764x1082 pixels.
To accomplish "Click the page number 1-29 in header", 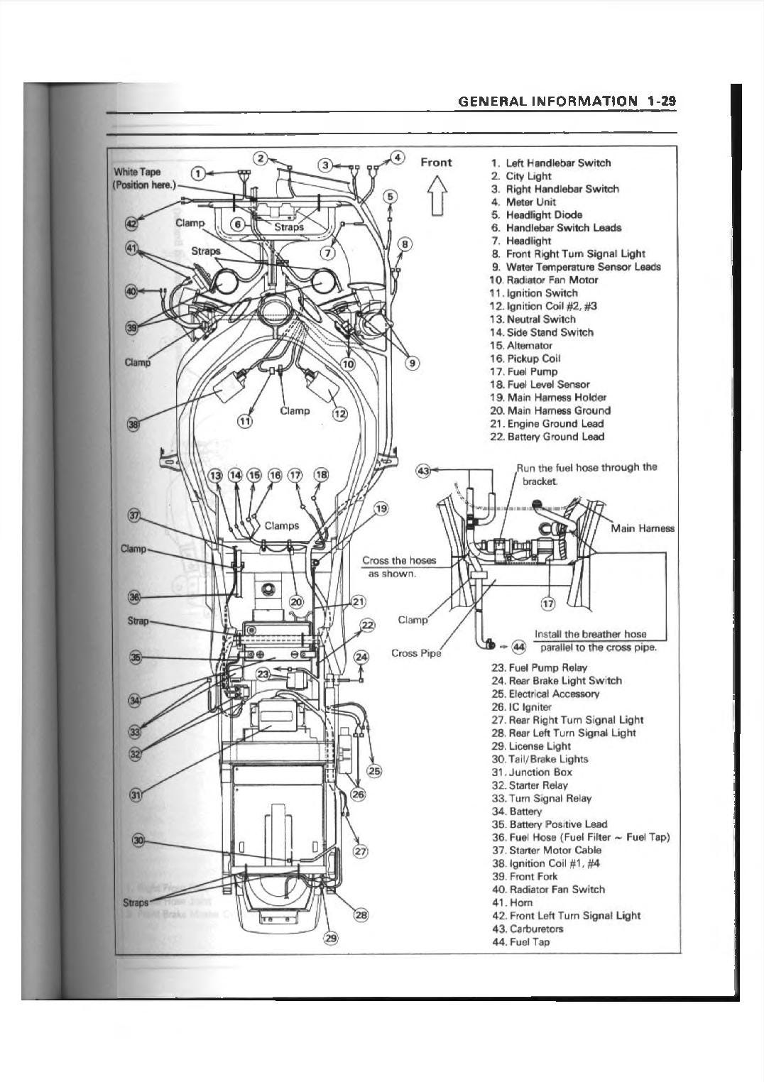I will coord(660,101).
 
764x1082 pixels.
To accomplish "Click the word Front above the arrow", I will coord(436,162).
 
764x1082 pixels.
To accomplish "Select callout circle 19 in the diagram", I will coord(381,508).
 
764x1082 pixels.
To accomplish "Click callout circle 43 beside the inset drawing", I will coord(423,471).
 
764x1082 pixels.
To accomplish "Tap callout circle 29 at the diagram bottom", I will coord(330,938).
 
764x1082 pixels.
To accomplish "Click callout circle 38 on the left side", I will coord(133,425).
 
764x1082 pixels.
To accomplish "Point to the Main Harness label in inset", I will coord(642,528).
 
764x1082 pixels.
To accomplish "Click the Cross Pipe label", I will coord(416,652).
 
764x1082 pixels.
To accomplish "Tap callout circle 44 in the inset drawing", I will coord(519,647).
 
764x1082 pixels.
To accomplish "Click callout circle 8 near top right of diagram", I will coord(404,244).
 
